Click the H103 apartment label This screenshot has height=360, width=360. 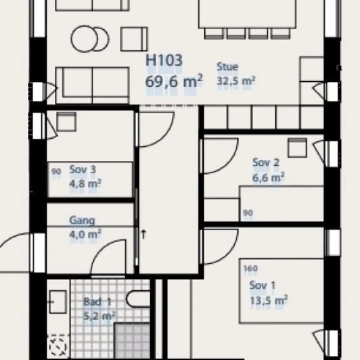point(164,60)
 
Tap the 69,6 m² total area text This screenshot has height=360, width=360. point(174,81)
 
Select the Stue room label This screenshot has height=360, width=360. point(228,67)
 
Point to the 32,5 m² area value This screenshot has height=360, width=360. point(236,81)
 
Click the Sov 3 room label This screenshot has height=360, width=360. point(82,169)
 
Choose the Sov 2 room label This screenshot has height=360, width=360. point(265,162)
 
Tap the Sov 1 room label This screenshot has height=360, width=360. point(262,285)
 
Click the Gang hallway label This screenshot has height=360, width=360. point(82,220)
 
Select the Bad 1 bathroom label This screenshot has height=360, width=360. point(97,301)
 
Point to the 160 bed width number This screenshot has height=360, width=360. point(250,268)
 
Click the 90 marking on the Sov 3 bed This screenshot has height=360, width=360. point(56,171)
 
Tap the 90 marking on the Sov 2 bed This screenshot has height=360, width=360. point(248,213)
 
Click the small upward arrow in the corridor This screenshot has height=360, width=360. point(144,234)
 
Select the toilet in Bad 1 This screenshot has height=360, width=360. point(138,299)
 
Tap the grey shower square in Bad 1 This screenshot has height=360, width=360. point(132,341)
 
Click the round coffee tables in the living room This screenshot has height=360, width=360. point(90,39)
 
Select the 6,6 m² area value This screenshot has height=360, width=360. point(268,177)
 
